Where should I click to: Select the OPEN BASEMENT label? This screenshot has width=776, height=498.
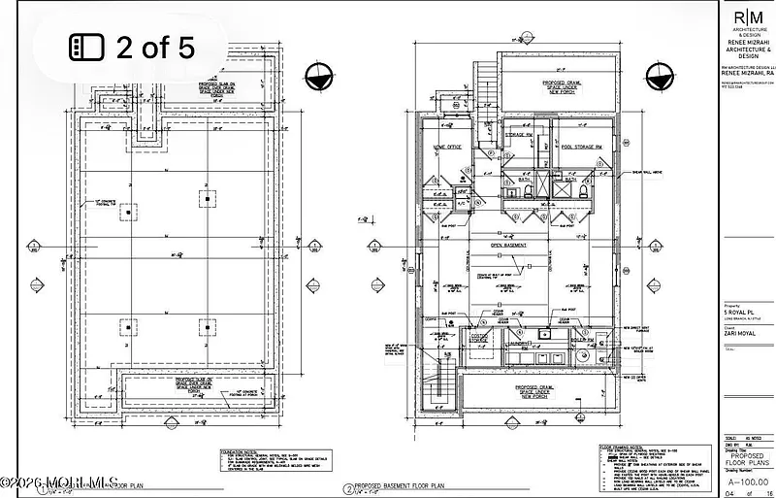[508, 246]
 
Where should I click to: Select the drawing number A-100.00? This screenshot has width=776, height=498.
[747, 479]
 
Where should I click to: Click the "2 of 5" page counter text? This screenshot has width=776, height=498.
[155, 48]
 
